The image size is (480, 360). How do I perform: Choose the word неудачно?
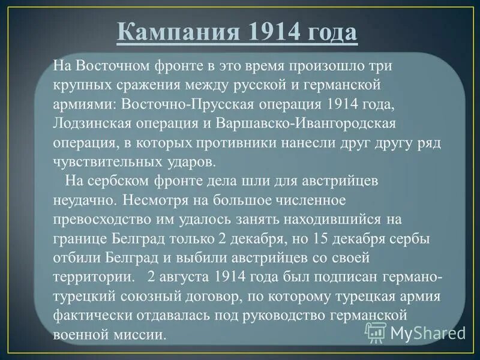tap(81, 197)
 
